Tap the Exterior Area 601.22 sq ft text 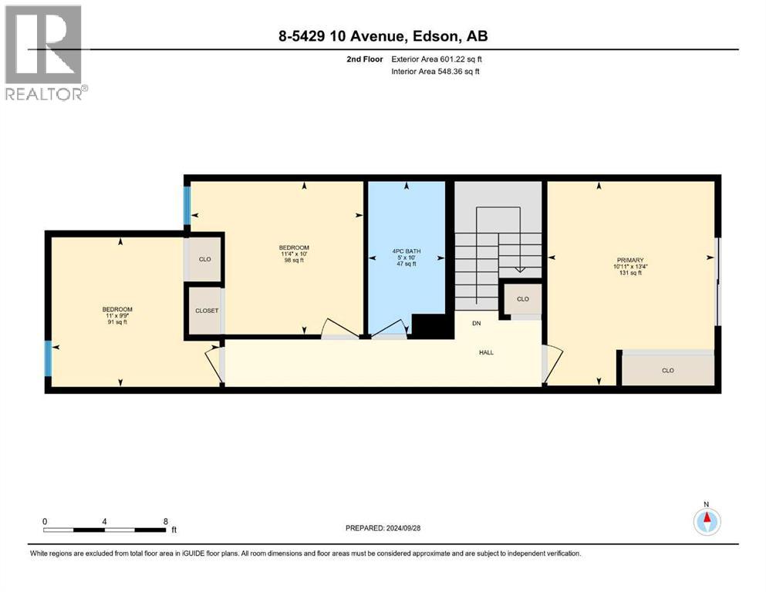pyautogui.click(x=437, y=59)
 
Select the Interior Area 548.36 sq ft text pyautogui.click(x=435, y=71)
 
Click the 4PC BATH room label pyautogui.click(x=407, y=257)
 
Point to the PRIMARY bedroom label pyautogui.click(x=630, y=267)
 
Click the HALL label pyautogui.click(x=486, y=352)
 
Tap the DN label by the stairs pyautogui.click(x=476, y=323)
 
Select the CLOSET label pyautogui.click(x=207, y=311)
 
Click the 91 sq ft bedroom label pyautogui.click(x=117, y=315)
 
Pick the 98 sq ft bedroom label pyautogui.click(x=294, y=254)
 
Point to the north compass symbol pyautogui.click(x=707, y=521)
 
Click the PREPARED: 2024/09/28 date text pyautogui.click(x=383, y=528)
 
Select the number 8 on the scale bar pyautogui.click(x=166, y=521)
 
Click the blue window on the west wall pyautogui.click(x=48, y=358)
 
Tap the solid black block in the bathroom pyautogui.click(x=430, y=325)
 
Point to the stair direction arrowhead pyautogui.click(x=519, y=269)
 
